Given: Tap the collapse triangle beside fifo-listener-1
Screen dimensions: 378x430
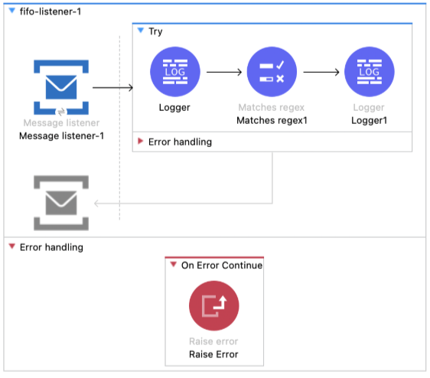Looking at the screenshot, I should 10,11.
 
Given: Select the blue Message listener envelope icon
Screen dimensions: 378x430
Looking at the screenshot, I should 60,87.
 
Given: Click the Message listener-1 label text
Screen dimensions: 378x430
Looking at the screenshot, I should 60,136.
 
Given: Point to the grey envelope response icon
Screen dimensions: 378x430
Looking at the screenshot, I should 60,203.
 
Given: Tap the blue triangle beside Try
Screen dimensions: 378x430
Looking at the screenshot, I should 140,31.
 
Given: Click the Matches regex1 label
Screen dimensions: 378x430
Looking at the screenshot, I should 272,120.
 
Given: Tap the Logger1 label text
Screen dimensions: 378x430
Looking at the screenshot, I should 370,120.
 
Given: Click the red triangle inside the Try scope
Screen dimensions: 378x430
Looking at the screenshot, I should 140,142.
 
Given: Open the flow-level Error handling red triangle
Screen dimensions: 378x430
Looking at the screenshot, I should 11,247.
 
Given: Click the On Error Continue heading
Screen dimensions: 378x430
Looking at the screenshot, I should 221,266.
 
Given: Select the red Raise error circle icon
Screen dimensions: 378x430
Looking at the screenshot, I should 214,306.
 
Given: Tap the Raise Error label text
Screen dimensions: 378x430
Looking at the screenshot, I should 214,354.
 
